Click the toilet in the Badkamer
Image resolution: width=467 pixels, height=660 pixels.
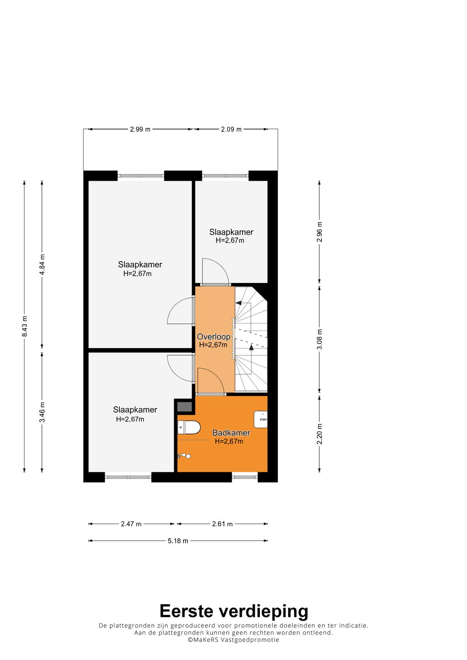(189, 427)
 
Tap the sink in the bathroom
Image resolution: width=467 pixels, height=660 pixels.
(261, 419)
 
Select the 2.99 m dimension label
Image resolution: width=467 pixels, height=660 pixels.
(140, 129)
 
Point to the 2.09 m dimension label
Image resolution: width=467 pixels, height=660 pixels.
(231, 129)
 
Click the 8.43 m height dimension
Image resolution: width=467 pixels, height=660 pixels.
(25, 326)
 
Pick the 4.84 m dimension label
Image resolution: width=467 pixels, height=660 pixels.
(42, 264)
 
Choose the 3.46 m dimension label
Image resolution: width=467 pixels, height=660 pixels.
(42, 412)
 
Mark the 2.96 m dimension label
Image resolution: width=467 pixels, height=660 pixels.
(319, 232)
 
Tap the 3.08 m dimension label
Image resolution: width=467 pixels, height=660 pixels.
(319, 339)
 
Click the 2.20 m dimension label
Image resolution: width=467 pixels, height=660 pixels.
(319, 434)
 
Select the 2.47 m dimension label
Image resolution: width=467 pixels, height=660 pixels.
(131, 524)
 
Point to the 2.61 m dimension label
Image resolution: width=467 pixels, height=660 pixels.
(222, 524)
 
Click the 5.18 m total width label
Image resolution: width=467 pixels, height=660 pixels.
(178, 541)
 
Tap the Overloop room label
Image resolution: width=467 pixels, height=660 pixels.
(214, 336)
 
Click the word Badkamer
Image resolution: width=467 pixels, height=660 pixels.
(231, 433)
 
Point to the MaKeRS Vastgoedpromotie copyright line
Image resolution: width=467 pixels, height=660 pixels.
(233, 640)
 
